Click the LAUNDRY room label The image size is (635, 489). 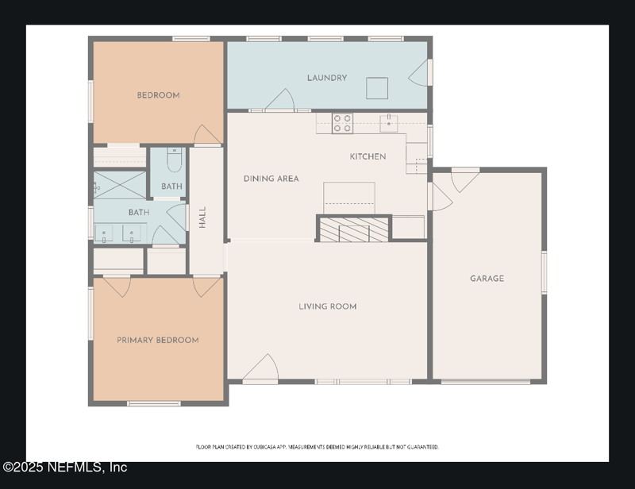(x=327, y=78)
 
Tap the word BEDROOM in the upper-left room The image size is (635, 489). (x=158, y=95)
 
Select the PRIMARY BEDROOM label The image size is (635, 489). (x=157, y=340)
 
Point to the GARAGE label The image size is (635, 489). (x=487, y=279)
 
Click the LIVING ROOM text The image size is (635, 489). (x=327, y=306)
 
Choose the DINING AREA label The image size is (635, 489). (x=271, y=179)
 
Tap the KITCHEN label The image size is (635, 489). (x=368, y=156)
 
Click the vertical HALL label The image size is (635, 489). (x=202, y=218)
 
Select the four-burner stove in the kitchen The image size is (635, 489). (x=342, y=123)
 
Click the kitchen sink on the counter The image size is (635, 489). (x=389, y=123)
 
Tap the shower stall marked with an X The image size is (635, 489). (x=120, y=185)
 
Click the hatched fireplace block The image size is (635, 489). (x=355, y=230)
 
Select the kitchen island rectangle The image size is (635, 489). (x=348, y=196)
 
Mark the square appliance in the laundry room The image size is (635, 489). (x=377, y=87)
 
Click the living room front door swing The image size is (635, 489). (x=262, y=369)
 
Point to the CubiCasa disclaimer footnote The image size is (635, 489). (x=317, y=447)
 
